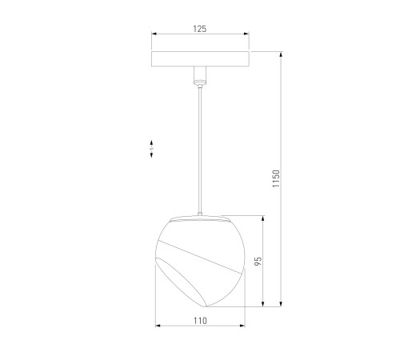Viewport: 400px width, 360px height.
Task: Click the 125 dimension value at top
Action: point(200,29)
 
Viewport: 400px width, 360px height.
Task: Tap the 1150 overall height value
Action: point(274,178)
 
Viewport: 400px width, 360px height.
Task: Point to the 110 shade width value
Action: point(200,320)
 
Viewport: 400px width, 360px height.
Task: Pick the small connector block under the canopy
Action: point(199,77)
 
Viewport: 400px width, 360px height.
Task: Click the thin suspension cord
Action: point(200,144)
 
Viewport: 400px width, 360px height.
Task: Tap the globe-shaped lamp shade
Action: point(199,260)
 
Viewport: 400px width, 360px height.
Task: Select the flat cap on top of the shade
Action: point(200,216)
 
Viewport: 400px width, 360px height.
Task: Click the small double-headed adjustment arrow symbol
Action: point(152,146)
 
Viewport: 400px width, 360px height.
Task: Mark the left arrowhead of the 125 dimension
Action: point(154,34)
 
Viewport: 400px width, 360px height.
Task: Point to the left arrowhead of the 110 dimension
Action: point(158,326)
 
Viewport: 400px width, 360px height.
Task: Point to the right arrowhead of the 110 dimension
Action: point(242,326)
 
